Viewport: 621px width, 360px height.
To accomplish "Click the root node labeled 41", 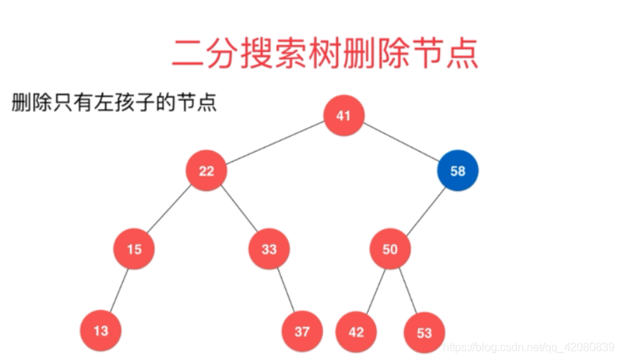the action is pyautogui.click(x=344, y=116).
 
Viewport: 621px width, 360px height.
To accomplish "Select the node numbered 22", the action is pyautogui.click(x=206, y=170).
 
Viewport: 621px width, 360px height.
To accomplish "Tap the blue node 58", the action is pyautogui.click(x=458, y=170).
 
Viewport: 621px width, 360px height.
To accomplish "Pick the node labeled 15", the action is pyautogui.click(x=134, y=249).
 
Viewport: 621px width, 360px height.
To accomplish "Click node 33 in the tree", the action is pyautogui.click(x=269, y=249).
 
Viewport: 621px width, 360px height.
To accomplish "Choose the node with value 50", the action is pyautogui.click(x=390, y=249).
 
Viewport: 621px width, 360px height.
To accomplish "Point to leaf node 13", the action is pyautogui.click(x=101, y=330).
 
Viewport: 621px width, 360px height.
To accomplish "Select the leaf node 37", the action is pyautogui.click(x=302, y=331).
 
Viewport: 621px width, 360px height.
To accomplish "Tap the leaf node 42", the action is pyautogui.click(x=356, y=331).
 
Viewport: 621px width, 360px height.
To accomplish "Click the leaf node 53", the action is pyautogui.click(x=424, y=331).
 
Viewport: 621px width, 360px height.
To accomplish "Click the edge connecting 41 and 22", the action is pyautogui.click(x=275, y=143).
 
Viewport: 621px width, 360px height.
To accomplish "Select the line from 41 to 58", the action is pyautogui.click(x=401, y=143).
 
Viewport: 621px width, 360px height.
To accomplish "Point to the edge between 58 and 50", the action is pyautogui.click(x=425, y=209).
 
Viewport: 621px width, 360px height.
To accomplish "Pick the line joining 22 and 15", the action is pyautogui.click(x=170, y=210).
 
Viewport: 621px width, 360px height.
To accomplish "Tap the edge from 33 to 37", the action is pyautogui.click(x=285, y=290).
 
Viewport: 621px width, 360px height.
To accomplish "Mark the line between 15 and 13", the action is pyautogui.click(x=118, y=290).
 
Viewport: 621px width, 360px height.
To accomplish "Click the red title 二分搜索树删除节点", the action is pyautogui.click(x=325, y=53).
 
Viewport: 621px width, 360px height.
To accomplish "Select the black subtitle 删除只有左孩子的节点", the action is pyautogui.click(x=114, y=103).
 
